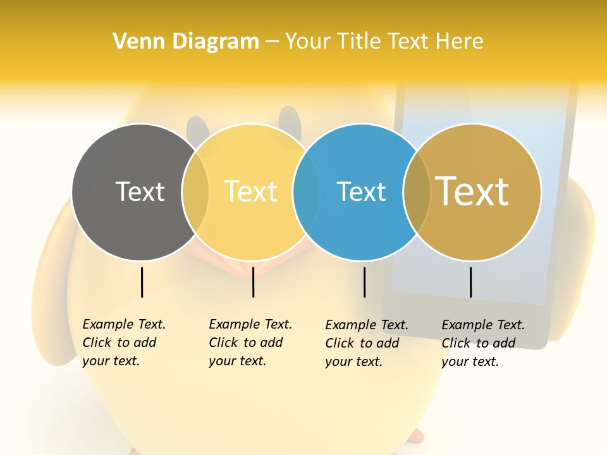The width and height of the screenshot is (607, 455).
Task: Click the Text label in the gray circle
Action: click(x=140, y=191)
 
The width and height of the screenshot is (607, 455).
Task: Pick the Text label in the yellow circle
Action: click(x=251, y=191)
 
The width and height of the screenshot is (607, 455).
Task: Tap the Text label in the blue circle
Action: click(x=361, y=191)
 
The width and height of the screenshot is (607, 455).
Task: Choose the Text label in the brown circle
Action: click(x=472, y=191)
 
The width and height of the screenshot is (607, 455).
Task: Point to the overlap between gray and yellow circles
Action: click(x=195, y=192)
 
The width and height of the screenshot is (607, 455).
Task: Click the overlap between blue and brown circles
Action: click(x=417, y=192)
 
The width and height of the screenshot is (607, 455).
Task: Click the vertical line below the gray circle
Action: click(x=142, y=282)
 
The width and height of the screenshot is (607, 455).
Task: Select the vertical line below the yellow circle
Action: click(x=253, y=282)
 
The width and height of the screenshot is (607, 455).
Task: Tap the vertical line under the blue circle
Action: click(x=364, y=282)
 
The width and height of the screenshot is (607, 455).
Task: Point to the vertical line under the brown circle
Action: click(x=470, y=282)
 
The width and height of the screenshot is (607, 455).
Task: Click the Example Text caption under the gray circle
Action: click(x=123, y=343)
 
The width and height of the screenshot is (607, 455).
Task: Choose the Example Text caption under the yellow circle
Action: click(x=250, y=343)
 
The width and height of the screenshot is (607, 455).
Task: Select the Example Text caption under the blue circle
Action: click(x=366, y=343)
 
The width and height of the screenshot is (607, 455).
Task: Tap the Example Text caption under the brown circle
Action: click(x=482, y=343)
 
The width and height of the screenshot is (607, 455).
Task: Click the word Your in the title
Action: click(x=307, y=41)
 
